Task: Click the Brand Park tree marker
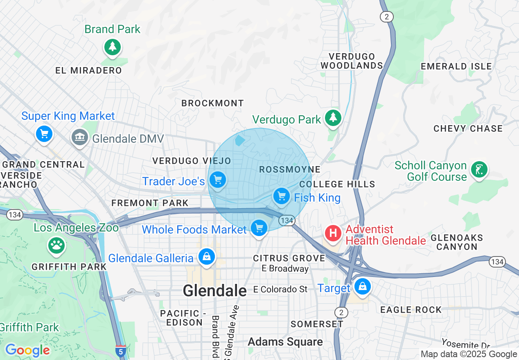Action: [113, 47]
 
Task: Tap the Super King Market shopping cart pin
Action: [44, 134]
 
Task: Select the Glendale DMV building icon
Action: [79, 137]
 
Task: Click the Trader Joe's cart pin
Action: [217, 179]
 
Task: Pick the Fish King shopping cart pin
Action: [281, 196]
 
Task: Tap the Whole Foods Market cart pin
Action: [259, 228]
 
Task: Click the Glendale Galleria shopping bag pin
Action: [207, 257]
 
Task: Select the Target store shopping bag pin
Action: [362, 286]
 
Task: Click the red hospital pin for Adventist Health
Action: [333, 234]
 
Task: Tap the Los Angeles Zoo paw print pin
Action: [56, 245]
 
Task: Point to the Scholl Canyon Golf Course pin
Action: [479, 169]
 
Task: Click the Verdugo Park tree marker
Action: [334, 118]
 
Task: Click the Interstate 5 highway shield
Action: [121, 351]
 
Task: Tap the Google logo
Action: [27, 350]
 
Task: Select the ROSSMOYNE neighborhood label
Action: [289, 169]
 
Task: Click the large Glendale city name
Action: [214, 290]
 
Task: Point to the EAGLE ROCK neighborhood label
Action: [411, 310]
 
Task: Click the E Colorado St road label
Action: [280, 289]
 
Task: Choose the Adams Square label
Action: [285, 342]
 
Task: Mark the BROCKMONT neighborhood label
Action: [212, 103]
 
